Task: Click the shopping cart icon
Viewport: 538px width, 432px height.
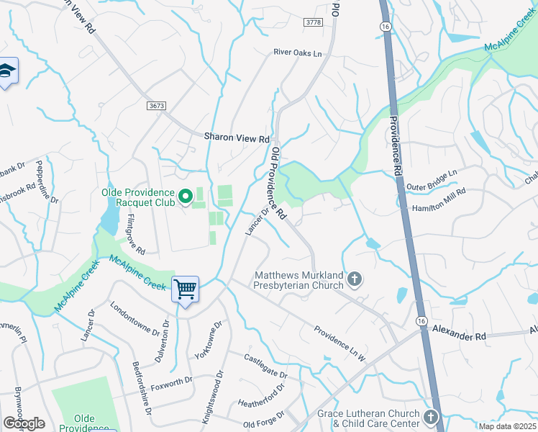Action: coord(186,290)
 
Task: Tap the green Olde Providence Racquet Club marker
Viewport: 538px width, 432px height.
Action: coord(185,196)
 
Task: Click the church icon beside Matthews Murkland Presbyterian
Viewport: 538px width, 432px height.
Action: coord(354,279)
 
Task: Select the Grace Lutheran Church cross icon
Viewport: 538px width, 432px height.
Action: coord(430,417)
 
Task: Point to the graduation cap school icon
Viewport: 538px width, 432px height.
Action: coord(6,72)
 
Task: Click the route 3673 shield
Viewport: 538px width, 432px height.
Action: coord(157,106)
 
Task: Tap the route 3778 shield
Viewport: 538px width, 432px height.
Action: coord(314,23)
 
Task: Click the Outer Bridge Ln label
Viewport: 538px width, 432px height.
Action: coord(432,181)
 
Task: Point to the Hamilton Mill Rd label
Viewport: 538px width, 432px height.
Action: coord(439,199)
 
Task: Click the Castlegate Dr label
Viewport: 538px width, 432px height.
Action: coord(265,366)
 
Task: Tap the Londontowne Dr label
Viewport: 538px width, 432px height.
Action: coord(135,318)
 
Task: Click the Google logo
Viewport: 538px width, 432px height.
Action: coord(24,423)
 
